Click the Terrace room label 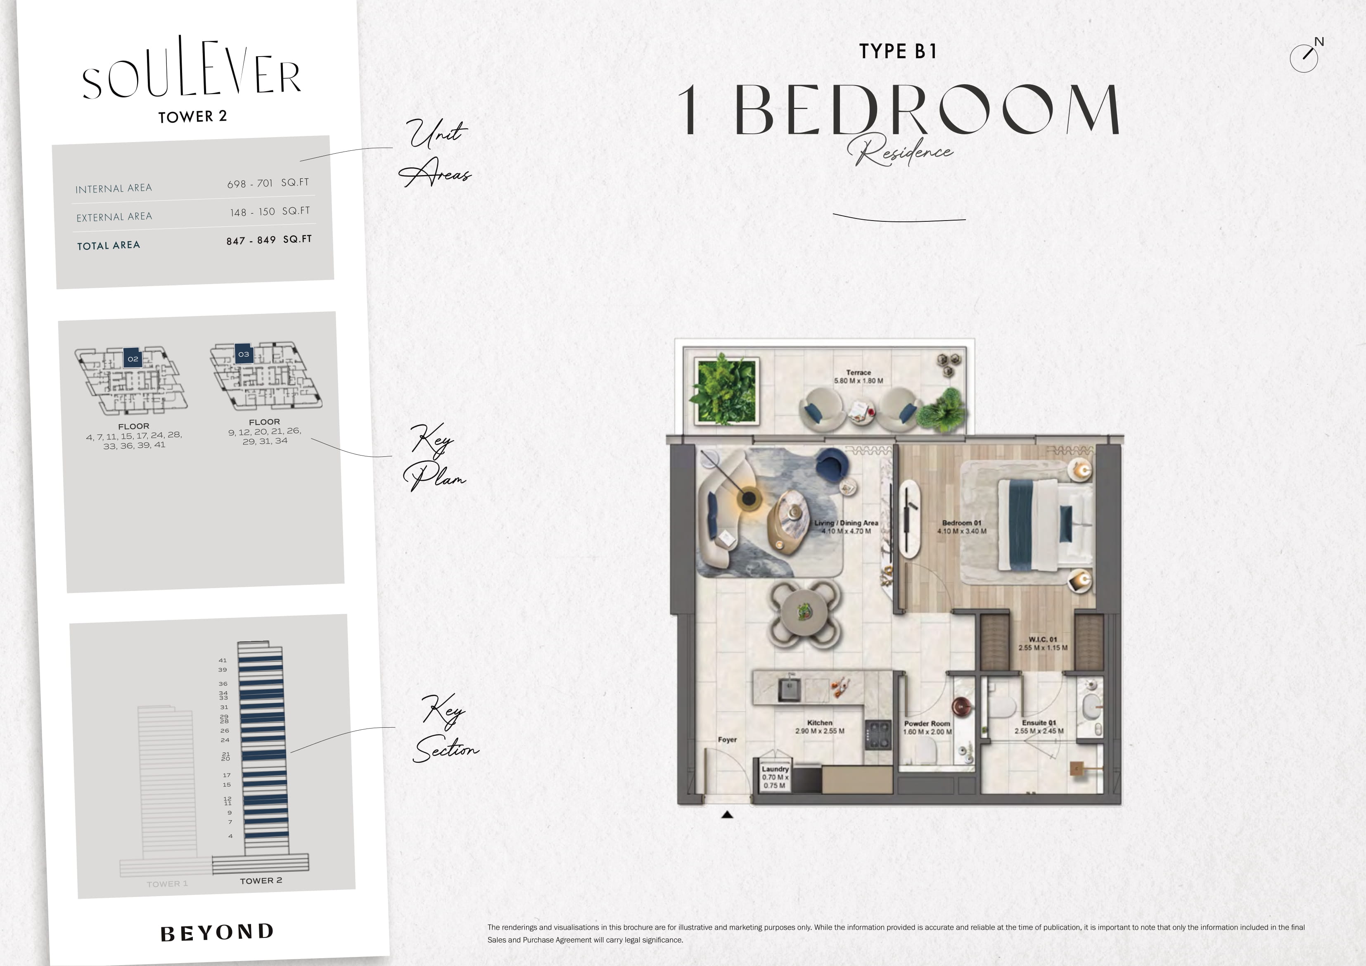pos(858,373)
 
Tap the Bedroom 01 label pos(961,522)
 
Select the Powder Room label pos(927,724)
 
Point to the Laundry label pos(775,769)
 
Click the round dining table pos(804,611)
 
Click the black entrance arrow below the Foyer pos(727,815)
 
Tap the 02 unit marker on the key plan pos(133,358)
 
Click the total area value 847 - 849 pos(251,240)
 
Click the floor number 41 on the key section pos(223,660)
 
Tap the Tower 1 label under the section pos(167,884)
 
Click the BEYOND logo pos(217,933)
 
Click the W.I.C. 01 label pos(1042,639)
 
